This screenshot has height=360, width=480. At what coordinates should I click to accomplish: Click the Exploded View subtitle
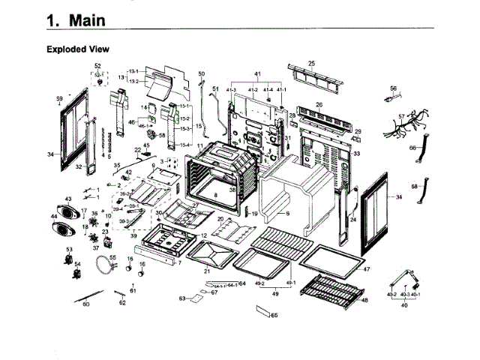point(78,49)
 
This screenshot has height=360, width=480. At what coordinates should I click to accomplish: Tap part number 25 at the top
point(311,63)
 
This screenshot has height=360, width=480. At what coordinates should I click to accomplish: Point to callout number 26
point(319,105)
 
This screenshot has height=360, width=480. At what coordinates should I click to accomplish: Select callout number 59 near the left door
point(59,99)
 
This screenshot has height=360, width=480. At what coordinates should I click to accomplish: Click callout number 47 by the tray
point(366,268)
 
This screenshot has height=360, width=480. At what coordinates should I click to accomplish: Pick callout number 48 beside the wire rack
point(364,300)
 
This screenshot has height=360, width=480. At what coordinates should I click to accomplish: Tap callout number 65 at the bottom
point(274,315)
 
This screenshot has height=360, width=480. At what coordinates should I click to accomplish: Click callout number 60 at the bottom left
point(85,304)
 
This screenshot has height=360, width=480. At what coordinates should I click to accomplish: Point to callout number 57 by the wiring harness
point(401,117)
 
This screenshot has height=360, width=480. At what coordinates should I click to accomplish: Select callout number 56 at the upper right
point(393,88)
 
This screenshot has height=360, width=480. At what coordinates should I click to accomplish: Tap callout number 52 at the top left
point(97,66)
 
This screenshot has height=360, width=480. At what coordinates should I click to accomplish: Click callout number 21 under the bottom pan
point(207,270)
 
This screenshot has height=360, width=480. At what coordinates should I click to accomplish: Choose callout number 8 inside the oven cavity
point(215,194)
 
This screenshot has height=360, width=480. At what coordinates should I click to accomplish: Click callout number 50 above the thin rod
point(201,73)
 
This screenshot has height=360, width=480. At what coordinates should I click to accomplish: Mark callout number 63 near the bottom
point(181,298)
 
